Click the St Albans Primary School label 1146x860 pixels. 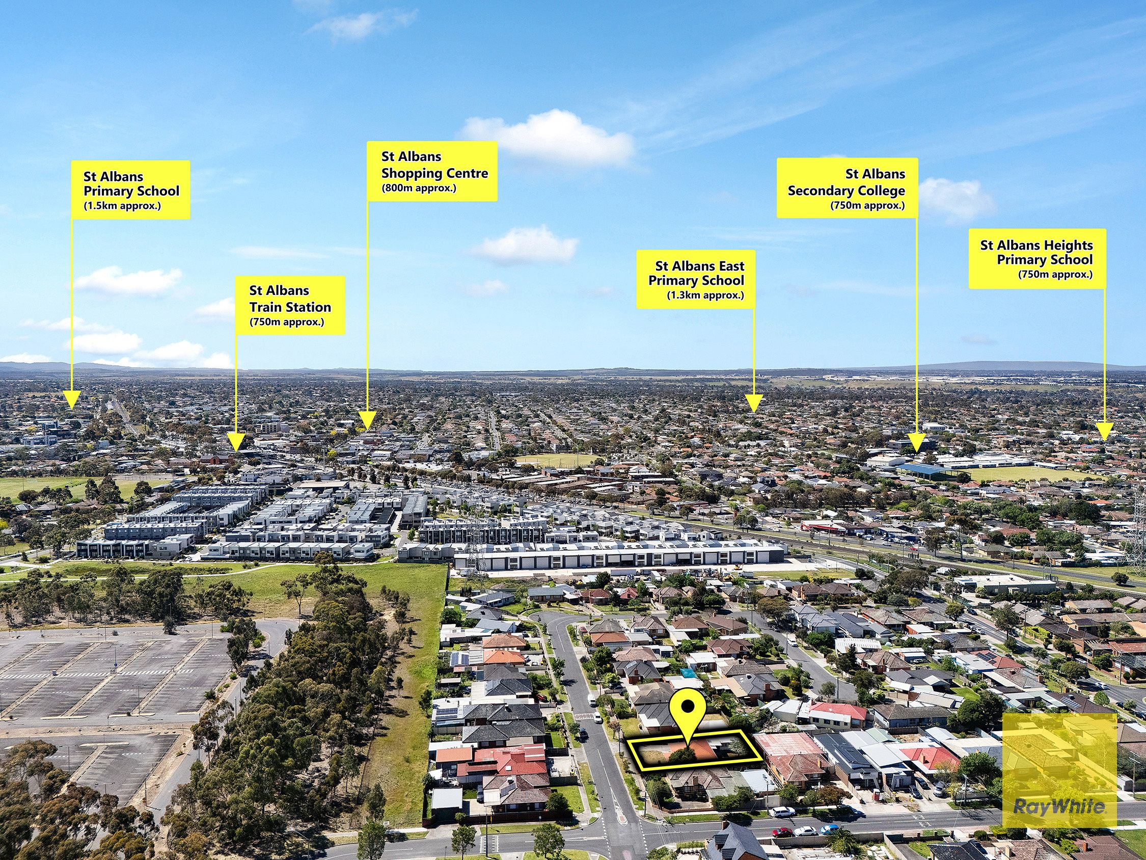[130, 190]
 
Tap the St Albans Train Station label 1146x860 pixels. [290, 305]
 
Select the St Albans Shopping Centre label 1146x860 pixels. [432, 171]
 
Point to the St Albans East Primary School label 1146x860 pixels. [696, 279]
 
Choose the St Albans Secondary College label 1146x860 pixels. [847, 187]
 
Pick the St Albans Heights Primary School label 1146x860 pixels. [1037, 259]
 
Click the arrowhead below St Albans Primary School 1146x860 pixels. [71, 399]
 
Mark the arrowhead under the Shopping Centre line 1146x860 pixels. [367, 420]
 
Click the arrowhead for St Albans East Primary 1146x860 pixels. [754, 403]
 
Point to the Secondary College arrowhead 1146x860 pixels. [917, 443]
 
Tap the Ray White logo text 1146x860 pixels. [1059, 807]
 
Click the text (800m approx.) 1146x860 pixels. [419, 188]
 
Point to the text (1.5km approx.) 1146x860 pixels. [122, 206]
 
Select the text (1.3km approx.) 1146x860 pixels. [705, 295]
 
